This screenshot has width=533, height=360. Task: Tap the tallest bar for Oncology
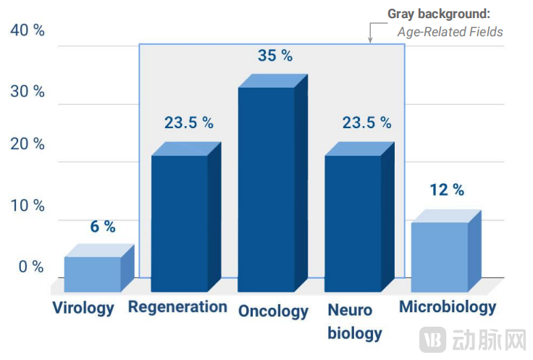266,188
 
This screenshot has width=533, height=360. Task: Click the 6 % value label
103,227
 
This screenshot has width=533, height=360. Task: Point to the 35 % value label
275,55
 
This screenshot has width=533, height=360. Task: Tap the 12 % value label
447,190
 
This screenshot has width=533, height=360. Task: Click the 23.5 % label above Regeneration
189,122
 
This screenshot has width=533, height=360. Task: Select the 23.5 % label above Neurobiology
366,122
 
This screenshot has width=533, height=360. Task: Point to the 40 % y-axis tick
28,30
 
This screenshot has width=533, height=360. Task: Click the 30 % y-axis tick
28,92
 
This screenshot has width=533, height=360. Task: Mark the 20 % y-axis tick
28,143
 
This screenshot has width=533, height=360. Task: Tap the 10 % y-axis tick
28,205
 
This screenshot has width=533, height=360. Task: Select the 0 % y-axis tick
31,267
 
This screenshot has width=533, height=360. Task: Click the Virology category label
83,308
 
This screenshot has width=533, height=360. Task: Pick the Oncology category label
273,311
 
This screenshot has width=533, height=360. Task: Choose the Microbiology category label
448,306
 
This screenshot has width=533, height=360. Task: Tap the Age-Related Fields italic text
450,32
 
